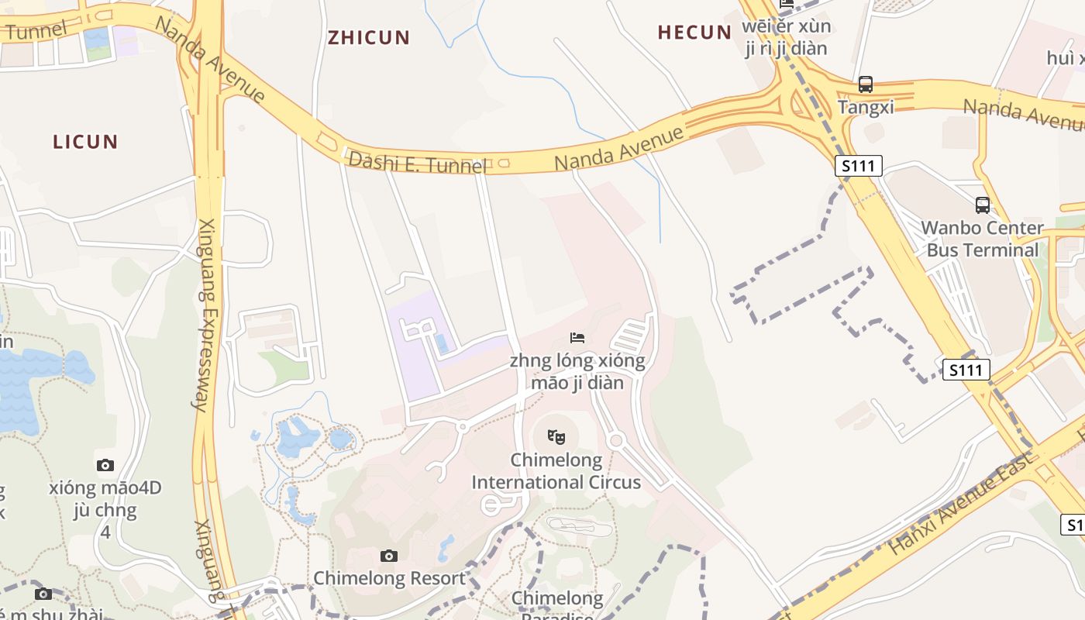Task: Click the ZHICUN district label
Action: coord(369,37)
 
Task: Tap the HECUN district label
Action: coord(694,33)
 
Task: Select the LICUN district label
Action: coord(85,142)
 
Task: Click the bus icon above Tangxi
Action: coord(866,84)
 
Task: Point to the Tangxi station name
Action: coord(866,107)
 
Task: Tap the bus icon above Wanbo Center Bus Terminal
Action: coord(983,205)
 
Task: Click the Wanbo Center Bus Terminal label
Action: coord(982,239)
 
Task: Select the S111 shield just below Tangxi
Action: coord(859,165)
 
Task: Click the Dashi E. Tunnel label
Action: coord(417,163)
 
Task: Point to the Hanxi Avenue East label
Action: coord(961,504)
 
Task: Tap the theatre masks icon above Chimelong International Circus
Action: coord(556,437)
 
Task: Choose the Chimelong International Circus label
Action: coord(556,471)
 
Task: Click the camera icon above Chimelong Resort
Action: coord(389,556)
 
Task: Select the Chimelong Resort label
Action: coord(389,578)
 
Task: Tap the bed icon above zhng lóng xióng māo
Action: coord(577,337)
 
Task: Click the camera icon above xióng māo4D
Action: coord(105,465)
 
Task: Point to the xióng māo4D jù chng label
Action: coord(105,500)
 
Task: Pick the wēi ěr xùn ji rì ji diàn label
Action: coord(786,37)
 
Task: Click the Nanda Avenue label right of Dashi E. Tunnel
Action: coord(620,149)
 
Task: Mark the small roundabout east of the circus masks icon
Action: coord(617,441)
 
